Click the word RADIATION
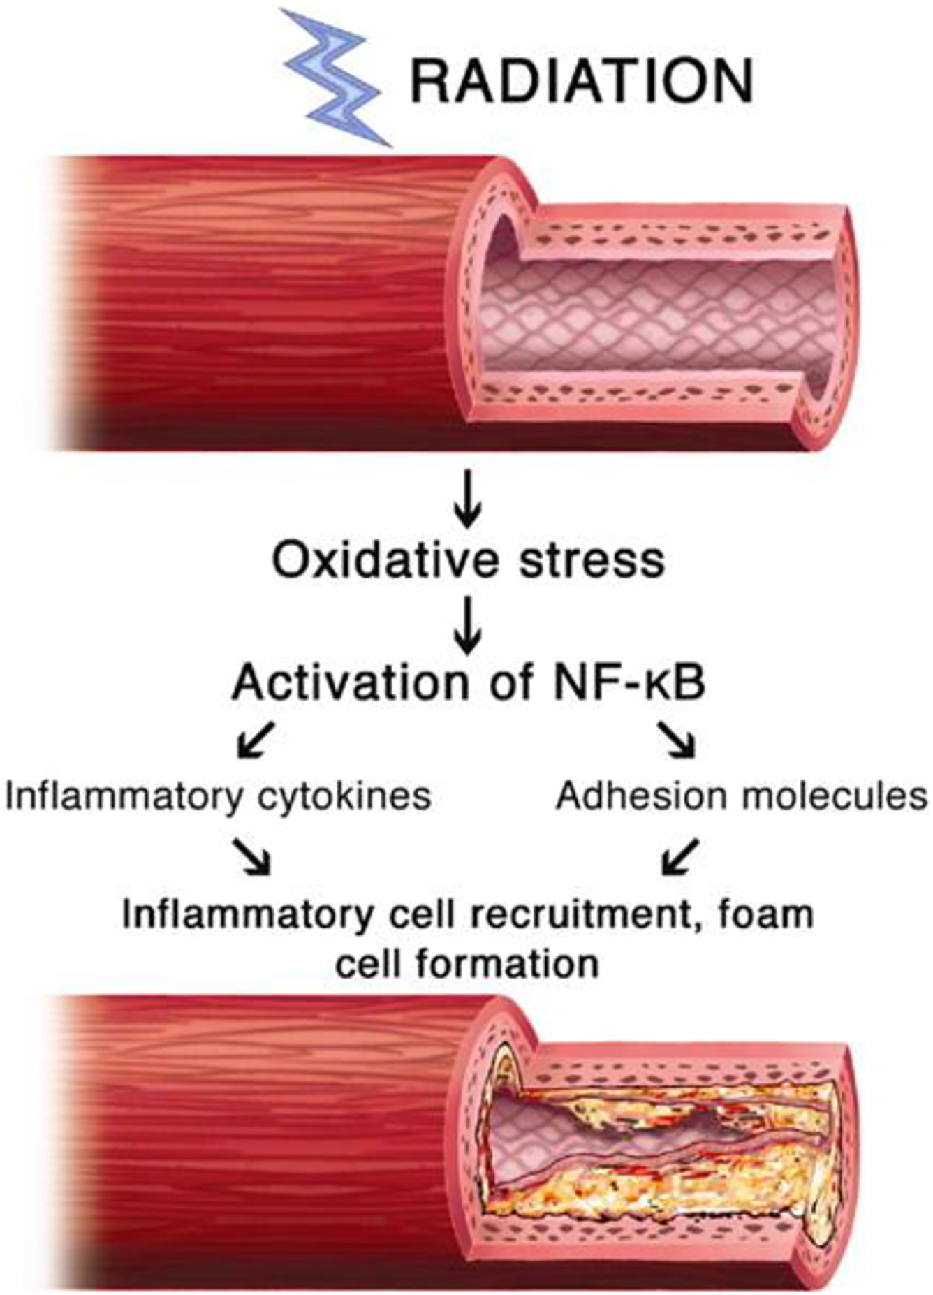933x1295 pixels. pyautogui.click(x=581, y=80)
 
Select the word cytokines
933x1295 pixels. pyautogui.click(x=344, y=797)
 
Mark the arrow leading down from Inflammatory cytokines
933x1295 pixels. pyautogui.click(x=252, y=856)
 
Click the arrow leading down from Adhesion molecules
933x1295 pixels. pyautogui.click(x=680, y=856)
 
